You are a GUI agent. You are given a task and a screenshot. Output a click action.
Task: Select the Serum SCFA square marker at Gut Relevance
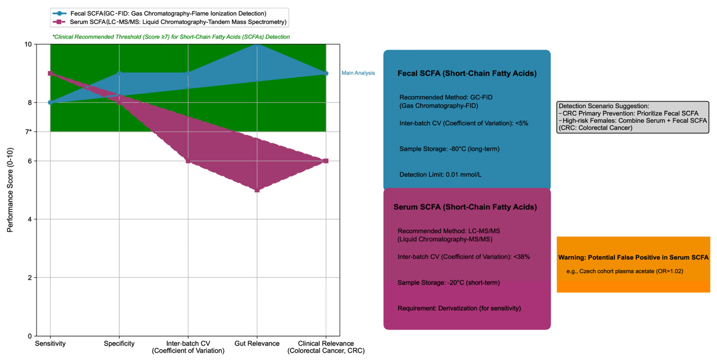(x=257, y=190)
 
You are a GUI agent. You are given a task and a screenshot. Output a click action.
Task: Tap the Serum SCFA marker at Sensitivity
(x=50, y=73)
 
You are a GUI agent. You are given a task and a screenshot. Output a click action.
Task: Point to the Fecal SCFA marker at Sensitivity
(x=50, y=102)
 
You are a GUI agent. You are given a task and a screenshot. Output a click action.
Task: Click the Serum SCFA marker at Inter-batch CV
(x=188, y=161)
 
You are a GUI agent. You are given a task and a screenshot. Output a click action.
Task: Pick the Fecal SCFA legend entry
(x=168, y=13)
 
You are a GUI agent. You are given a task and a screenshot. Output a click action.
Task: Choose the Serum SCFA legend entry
(x=178, y=22)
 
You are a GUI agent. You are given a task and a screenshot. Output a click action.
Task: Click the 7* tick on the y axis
(x=29, y=132)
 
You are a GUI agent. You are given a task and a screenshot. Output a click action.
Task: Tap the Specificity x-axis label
(x=119, y=343)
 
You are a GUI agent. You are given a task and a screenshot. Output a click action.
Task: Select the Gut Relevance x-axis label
(x=257, y=343)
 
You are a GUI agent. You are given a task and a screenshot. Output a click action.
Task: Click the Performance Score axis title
(x=10, y=190)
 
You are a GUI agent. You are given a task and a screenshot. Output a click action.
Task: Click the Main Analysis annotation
(x=358, y=73)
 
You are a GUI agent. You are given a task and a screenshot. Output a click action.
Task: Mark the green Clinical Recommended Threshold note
(x=171, y=37)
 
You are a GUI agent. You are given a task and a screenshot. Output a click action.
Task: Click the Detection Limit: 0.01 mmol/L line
(x=440, y=174)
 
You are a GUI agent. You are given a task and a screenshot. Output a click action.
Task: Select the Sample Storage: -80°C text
(x=449, y=149)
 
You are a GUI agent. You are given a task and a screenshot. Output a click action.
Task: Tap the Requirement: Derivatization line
(x=459, y=308)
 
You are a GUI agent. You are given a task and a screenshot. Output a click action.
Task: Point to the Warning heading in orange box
(x=633, y=257)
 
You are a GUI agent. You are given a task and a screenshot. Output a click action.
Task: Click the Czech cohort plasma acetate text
(x=625, y=271)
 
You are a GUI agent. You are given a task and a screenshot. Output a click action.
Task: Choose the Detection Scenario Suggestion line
(x=604, y=106)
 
